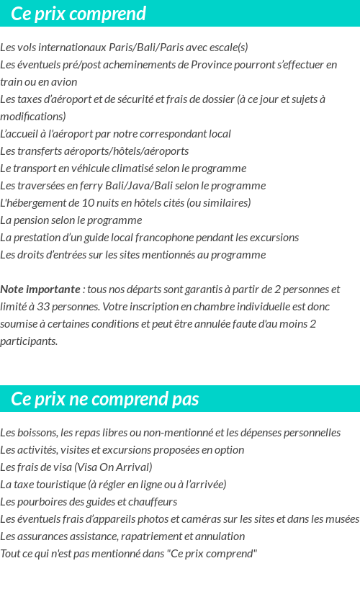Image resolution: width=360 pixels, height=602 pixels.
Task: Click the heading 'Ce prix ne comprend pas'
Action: [105, 399]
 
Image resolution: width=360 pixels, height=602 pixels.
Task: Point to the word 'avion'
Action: [64, 82]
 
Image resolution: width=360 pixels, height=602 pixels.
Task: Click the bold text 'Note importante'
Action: [40, 289]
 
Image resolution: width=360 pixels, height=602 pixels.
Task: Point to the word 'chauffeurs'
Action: [152, 502]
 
